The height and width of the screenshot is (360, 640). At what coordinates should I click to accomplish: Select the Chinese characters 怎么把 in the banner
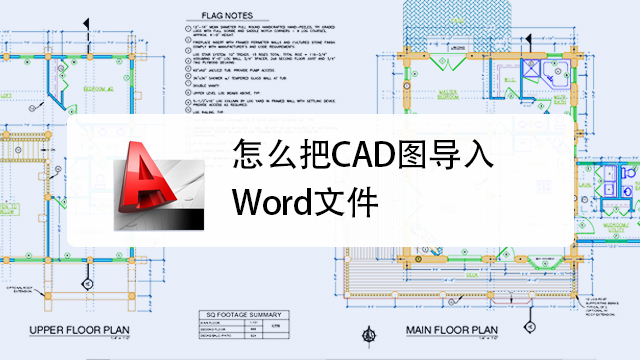tap(267, 157)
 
